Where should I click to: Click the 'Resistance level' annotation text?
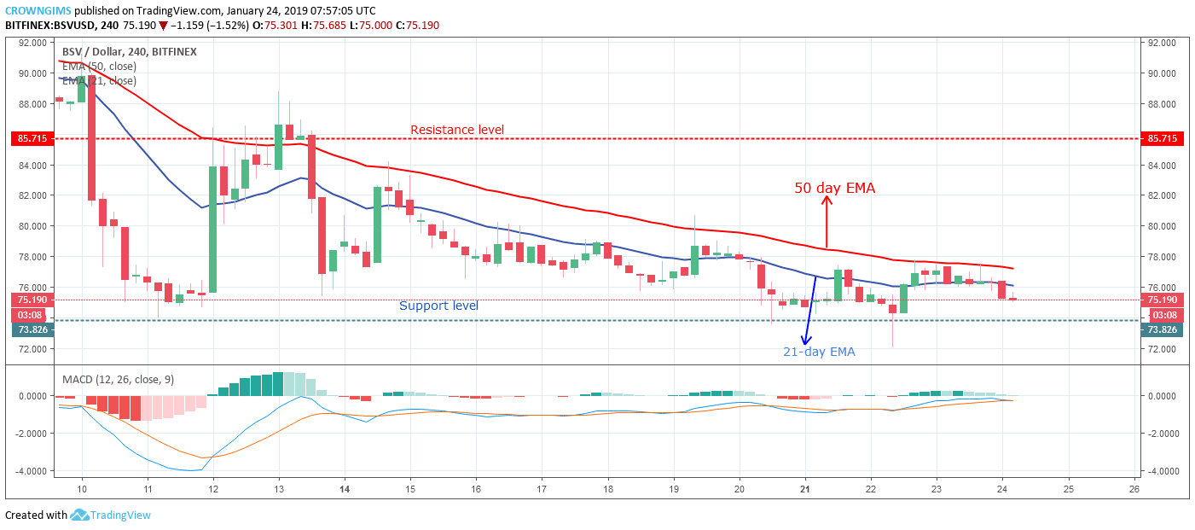pos(457,130)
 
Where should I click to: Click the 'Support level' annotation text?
pos(438,306)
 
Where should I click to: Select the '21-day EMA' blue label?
pos(819,352)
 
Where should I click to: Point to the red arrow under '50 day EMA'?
pos(826,220)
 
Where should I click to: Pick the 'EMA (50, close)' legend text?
pos(99,67)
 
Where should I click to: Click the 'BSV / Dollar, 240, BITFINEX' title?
pos(129,51)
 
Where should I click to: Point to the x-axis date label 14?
pos(344,490)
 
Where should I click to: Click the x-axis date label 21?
pos(804,490)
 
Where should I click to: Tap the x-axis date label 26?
pos(1133,490)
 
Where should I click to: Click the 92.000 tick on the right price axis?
pos(1163,42)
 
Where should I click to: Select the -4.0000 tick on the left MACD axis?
pos(31,471)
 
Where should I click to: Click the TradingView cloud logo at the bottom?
pos(79,515)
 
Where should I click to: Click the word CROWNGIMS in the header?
pos(37,10)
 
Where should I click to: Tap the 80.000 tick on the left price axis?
pos(31,226)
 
